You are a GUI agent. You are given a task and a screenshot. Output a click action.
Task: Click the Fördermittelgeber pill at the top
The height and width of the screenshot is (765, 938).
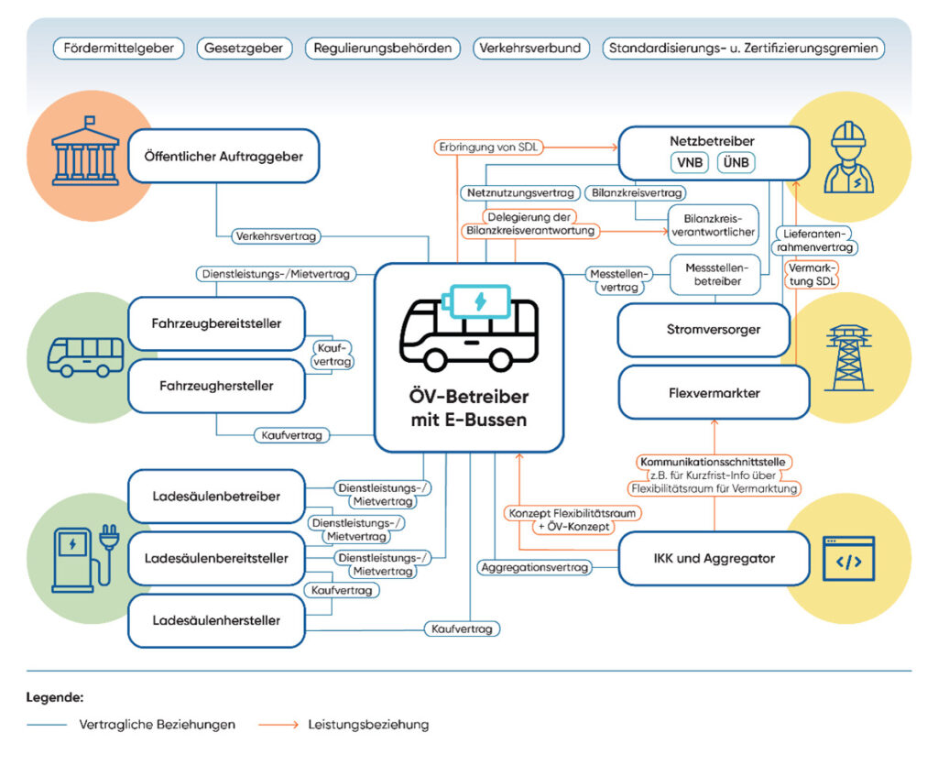(x=118, y=49)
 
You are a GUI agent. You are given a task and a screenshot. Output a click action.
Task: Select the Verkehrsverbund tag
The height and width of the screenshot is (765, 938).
(x=530, y=49)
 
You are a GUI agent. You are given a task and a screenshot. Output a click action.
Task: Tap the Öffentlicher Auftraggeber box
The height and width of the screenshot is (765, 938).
(x=224, y=156)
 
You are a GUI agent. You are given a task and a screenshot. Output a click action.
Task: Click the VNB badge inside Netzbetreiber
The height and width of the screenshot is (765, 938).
(x=690, y=162)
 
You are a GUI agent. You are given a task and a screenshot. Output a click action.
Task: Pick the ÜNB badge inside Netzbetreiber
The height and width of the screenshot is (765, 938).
(x=736, y=162)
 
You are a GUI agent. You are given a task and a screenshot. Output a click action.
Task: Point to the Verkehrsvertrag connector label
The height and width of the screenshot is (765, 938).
(x=277, y=236)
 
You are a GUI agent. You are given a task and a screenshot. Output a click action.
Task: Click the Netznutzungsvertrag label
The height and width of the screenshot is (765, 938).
(x=520, y=193)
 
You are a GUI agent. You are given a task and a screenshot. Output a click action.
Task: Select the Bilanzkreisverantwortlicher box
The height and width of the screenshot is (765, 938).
(x=713, y=225)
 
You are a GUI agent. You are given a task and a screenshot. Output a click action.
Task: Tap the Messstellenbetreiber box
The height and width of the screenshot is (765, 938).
(x=715, y=275)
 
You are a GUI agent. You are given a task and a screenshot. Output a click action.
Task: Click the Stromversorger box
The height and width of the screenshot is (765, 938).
(x=704, y=330)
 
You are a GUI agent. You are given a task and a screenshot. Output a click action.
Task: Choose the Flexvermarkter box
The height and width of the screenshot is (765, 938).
(x=714, y=392)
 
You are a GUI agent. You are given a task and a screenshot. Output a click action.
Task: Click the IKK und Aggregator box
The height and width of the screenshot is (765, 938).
(x=714, y=559)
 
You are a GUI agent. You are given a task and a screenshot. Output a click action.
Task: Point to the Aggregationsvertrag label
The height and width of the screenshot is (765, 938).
(x=535, y=567)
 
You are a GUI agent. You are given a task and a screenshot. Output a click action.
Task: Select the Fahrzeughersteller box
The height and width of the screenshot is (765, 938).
(x=216, y=386)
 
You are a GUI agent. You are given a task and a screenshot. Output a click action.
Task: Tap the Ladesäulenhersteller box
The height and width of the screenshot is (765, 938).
(x=216, y=620)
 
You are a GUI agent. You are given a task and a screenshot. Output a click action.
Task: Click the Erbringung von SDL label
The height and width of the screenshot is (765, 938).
(x=488, y=148)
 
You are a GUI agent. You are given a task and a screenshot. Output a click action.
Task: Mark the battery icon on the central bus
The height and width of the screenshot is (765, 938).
(x=476, y=301)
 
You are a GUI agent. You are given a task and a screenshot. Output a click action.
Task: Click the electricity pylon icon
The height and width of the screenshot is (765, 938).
(x=848, y=357)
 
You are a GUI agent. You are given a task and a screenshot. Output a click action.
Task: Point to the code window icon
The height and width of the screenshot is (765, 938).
(x=848, y=559)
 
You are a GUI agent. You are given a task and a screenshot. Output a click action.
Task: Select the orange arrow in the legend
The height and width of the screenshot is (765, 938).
(x=278, y=725)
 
